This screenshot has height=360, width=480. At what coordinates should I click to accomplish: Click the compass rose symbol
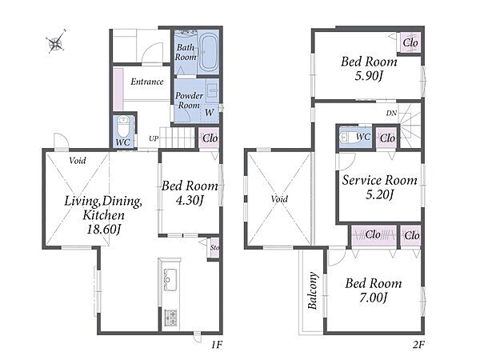click(56, 42)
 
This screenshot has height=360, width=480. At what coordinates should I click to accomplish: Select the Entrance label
click(147, 82)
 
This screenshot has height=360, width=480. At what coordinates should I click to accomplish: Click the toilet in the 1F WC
click(124, 126)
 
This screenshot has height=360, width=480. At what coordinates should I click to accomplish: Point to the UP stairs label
click(154, 138)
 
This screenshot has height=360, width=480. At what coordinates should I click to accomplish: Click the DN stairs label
click(391, 114)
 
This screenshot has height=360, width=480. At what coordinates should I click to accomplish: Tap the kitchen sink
click(170, 279)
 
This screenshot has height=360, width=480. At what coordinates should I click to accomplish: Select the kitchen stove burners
click(170, 318)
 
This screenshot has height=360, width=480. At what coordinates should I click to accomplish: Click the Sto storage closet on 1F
click(214, 248)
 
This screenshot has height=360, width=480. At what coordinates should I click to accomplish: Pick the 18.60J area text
click(104, 229)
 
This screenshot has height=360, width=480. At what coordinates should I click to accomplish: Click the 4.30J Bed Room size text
click(190, 200)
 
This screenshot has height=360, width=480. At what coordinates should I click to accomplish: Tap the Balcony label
click(313, 291)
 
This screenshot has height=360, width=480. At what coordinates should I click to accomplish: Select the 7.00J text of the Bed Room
click(374, 298)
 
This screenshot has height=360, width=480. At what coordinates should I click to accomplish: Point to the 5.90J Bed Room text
click(369, 76)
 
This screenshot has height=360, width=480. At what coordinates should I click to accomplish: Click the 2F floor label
click(418, 345)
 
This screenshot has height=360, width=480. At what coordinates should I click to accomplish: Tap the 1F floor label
click(217, 345)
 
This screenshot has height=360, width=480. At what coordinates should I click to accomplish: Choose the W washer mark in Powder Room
click(209, 112)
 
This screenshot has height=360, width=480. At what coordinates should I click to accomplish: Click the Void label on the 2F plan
click(279, 199)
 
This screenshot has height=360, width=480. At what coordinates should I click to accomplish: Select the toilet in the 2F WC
click(348, 137)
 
